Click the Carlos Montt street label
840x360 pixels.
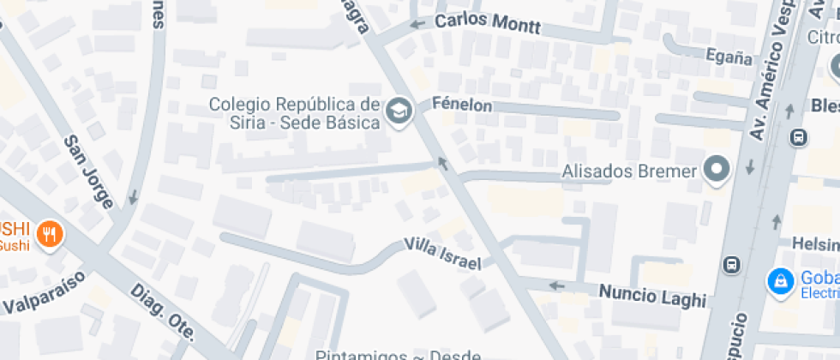pos(488,23)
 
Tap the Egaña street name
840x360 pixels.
pos(729,58)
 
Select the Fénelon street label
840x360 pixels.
pos(462,105)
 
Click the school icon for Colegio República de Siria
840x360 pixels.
pos(399,111)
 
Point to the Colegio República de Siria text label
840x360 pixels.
pos(294,113)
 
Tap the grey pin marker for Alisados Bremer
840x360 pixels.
pos(716,170)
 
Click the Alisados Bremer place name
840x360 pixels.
pos(629,171)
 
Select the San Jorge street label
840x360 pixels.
pos(87,171)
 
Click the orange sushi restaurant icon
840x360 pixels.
pos(50,233)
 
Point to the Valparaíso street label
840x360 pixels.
pos(43,292)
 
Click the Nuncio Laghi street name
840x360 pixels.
pos(652,295)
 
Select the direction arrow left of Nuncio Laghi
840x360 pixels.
pos(557,285)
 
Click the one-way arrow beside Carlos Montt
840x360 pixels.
pos(417,23)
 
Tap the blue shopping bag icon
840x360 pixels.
pos(780,279)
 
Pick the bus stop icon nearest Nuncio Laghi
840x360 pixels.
pos(731,264)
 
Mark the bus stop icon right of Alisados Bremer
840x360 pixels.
pos(799,136)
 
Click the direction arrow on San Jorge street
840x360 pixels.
pos(133,198)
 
